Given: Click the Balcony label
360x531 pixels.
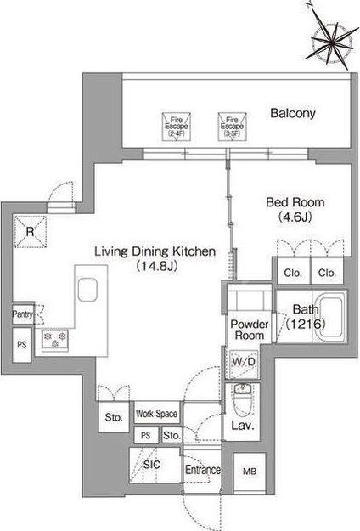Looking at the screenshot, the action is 293,113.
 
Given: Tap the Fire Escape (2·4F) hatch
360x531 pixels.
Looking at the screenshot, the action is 177,127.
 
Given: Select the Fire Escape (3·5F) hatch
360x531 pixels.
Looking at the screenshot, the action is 232,127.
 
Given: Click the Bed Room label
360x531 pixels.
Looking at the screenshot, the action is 295,202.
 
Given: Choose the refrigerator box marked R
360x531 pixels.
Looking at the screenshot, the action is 30,232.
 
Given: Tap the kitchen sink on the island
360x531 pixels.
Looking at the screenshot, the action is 87,290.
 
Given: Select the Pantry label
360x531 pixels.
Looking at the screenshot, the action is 22,314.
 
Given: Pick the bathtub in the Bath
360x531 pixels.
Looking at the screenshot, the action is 331,317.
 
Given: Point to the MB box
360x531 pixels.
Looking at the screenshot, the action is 250,471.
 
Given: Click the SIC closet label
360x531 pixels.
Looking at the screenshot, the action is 152,465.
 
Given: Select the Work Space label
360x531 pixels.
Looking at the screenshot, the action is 157,414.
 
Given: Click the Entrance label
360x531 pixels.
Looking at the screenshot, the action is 203,470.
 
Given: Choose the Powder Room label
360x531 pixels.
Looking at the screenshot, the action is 250,330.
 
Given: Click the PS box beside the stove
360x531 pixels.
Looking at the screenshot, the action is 22,345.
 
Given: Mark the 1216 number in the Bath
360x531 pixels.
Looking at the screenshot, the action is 306,324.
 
